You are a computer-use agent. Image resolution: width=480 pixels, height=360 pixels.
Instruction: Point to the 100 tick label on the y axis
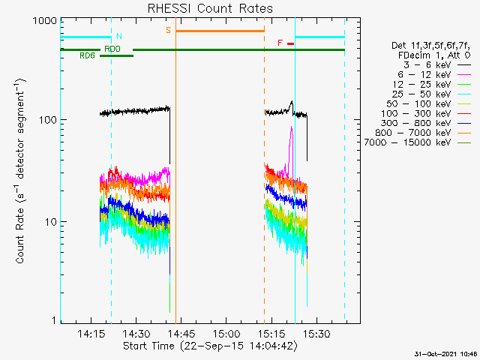47,120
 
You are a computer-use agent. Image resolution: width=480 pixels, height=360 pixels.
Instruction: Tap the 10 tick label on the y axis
50,222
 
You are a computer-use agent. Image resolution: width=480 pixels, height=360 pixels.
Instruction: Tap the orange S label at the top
168,29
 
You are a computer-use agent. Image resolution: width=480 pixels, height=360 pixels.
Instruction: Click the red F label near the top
280,43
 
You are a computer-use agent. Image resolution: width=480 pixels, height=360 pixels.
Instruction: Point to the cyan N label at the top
118,36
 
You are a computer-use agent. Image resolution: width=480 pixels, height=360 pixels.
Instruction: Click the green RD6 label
87,55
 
